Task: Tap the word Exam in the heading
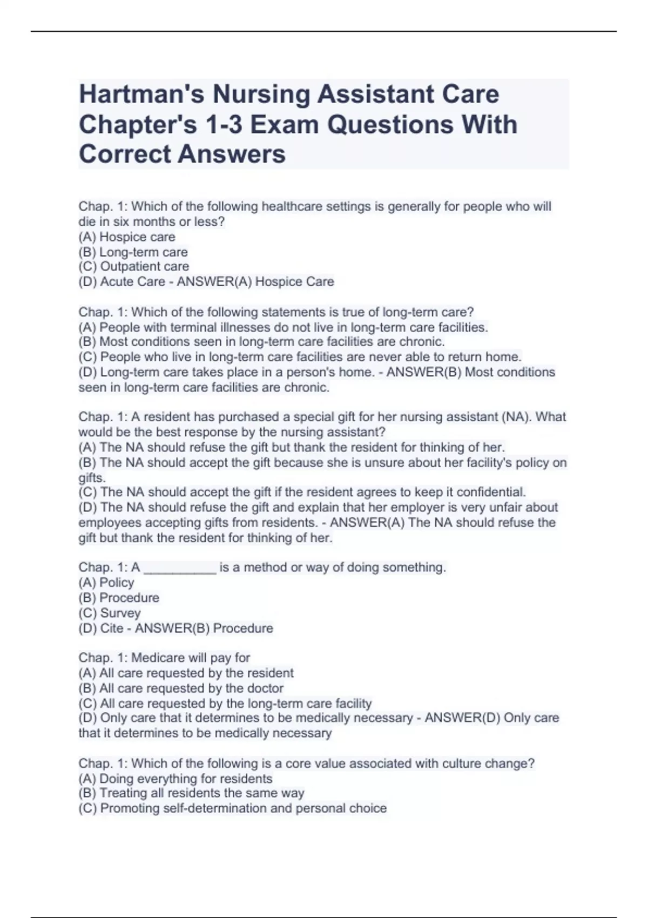click(x=284, y=125)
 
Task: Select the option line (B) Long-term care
click(x=133, y=252)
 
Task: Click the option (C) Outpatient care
click(x=133, y=267)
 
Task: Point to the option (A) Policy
click(x=106, y=583)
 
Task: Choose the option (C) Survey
click(x=109, y=613)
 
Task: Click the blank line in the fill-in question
click(x=180, y=568)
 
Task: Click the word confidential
click(x=491, y=492)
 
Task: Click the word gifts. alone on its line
click(x=92, y=478)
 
